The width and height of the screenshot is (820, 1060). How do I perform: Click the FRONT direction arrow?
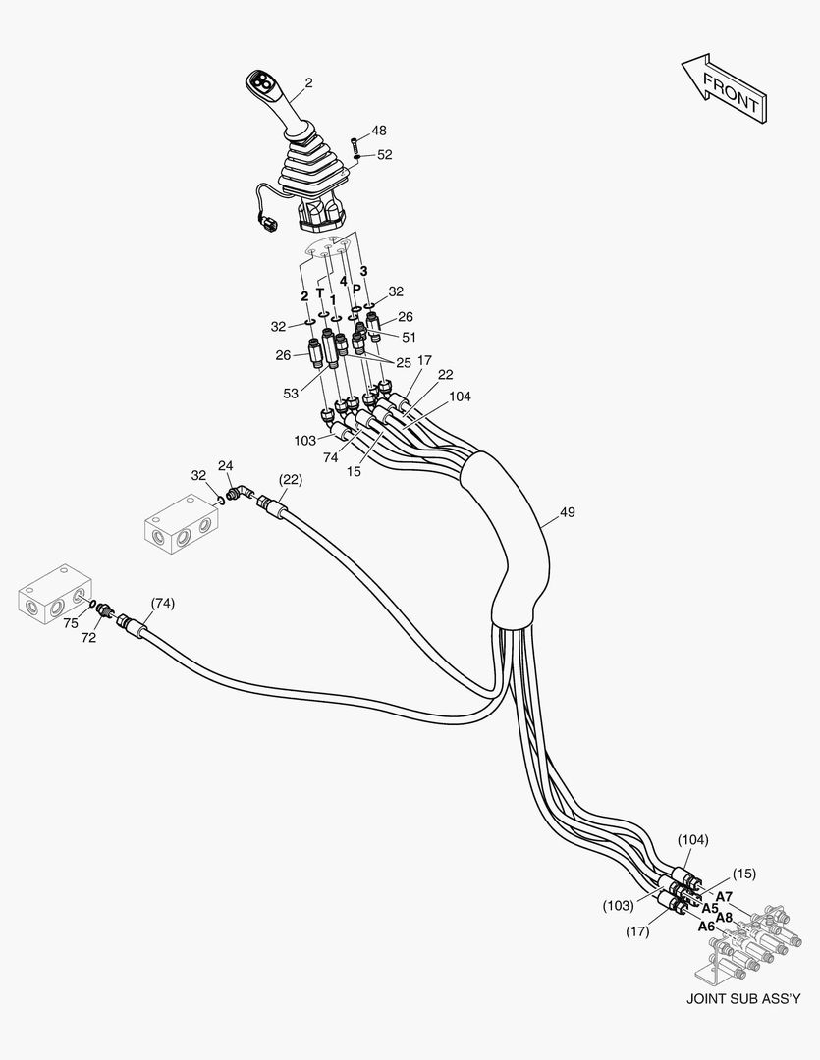click(x=725, y=89)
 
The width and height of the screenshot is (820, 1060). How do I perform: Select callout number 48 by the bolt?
click(x=378, y=131)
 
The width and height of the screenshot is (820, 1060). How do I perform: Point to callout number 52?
click(x=384, y=154)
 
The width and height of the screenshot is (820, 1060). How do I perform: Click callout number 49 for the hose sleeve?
click(x=567, y=511)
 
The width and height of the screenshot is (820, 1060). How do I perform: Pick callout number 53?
click(x=291, y=394)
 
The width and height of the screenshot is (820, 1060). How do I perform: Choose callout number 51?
click(x=409, y=336)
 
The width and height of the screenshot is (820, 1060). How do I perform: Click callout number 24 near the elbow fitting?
click(x=225, y=464)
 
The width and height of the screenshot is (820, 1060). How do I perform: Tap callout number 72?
click(x=88, y=637)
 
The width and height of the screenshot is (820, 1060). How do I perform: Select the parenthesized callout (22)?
click(x=290, y=479)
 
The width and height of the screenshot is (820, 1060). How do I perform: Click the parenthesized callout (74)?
click(x=162, y=603)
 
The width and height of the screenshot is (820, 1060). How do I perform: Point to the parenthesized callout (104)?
click(x=692, y=839)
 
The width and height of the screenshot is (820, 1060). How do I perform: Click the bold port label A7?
click(x=724, y=896)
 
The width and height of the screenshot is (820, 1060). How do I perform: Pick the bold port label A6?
click(x=706, y=926)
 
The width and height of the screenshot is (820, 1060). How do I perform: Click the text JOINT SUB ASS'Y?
click(x=743, y=1000)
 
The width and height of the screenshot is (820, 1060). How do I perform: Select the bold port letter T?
click(x=319, y=292)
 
